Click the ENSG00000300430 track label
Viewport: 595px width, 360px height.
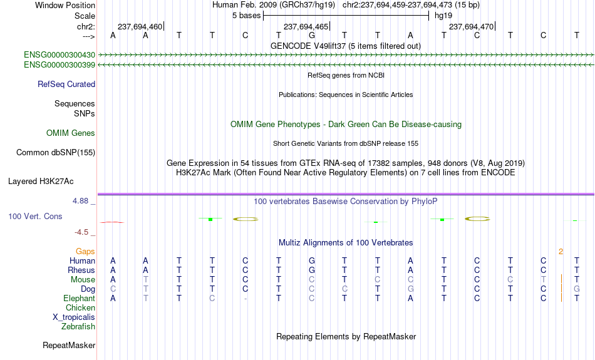click(x=59, y=55)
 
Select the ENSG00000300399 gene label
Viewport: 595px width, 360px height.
click(x=59, y=65)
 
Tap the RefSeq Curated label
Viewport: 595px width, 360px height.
click(x=66, y=85)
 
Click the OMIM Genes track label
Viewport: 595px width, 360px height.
click(x=71, y=133)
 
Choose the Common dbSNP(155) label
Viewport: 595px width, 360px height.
click(x=56, y=153)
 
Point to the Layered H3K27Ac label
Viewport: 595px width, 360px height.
click(x=41, y=182)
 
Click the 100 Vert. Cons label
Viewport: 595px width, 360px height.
click(x=35, y=216)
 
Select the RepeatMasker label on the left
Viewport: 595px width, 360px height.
click(x=69, y=345)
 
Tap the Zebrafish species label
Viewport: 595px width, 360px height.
click(x=78, y=327)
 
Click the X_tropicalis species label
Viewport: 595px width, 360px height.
click(x=74, y=317)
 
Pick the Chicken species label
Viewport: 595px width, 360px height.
click(x=80, y=307)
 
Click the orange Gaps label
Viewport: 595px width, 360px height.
click(x=85, y=252)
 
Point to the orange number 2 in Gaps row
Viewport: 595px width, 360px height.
click(x=561, y=252)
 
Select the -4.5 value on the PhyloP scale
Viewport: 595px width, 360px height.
click(x=81, y=232)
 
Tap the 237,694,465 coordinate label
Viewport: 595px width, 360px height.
click(x=306, y=26)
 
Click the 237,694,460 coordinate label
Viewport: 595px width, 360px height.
click(x=140, y=26)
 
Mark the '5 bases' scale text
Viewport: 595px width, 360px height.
click(x=247, y=16)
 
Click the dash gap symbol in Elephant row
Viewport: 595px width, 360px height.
click(x=246, y=299)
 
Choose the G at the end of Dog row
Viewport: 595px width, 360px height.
click(x=577, y=289)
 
